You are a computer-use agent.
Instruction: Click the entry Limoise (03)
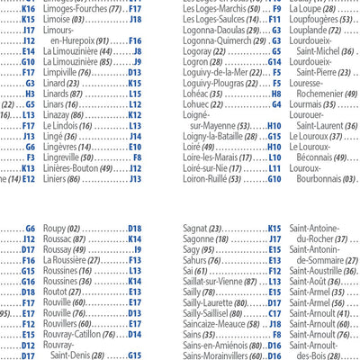click(x=64, y=19)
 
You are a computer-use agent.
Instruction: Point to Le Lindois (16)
click(x=67, y=126)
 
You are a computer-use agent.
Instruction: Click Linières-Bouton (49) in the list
click(x=78, y=168)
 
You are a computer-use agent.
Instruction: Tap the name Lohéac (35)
click(x=203, y=94)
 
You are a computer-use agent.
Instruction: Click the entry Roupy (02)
click(x=61, y=229)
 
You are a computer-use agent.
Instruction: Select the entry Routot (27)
click(x=62, y=292)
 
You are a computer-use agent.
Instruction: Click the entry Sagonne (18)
click(x=204, y=239)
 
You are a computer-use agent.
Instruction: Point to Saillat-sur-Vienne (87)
click(x=220, y=281)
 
